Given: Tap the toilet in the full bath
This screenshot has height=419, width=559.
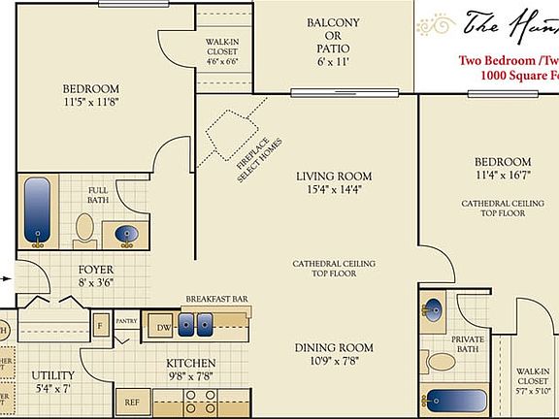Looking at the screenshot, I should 85,227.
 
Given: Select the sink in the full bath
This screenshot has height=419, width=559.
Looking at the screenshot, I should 127,234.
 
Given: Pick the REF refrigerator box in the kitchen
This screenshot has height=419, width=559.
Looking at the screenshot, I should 131,401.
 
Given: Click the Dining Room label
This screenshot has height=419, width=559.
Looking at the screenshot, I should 334,347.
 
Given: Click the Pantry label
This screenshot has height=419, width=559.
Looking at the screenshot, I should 126,319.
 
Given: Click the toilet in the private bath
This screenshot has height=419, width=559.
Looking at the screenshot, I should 442,363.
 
